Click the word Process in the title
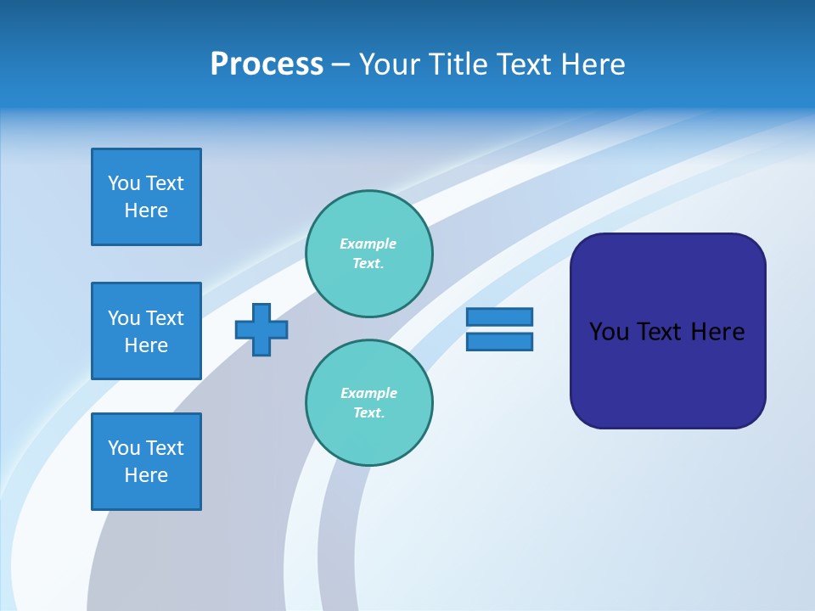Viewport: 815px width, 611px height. click(267, 64)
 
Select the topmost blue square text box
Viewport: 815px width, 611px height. click(146, 197)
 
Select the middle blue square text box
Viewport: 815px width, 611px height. click(146, 331)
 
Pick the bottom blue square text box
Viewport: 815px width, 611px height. click(146, 462)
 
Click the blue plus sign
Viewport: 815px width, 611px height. click(261, 329)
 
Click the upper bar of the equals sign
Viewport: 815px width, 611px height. click(499, 317)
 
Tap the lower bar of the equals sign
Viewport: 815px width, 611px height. click(499, 341)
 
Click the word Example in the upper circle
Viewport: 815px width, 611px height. click(368, 244)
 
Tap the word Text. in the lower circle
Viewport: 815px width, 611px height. click(368, 412)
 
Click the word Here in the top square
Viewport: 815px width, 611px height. click(146, 210)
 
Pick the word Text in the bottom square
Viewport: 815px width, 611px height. click(165, 448)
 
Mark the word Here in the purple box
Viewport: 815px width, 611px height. click(717, 332)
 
